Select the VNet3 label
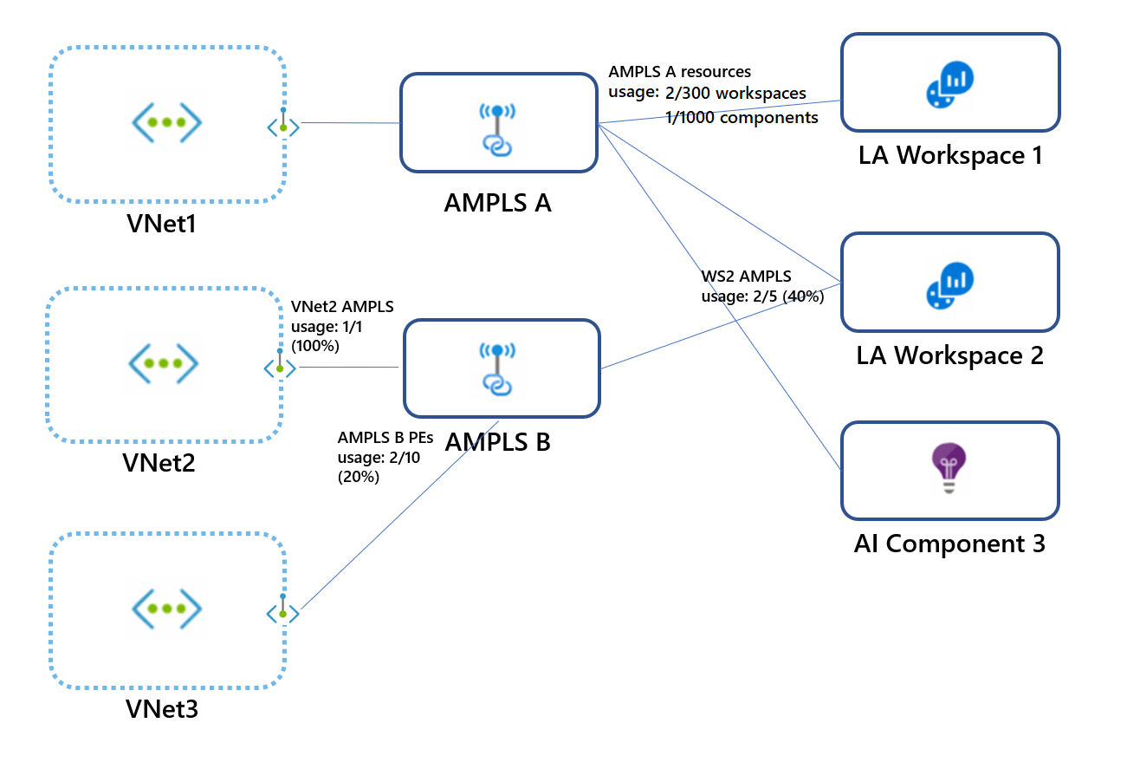point(161,709)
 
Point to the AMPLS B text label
point(497,441)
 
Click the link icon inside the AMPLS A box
point(497,129)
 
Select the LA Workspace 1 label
point(949,155)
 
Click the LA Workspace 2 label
point(949,355)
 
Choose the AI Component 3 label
point(949,544)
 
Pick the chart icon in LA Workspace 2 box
point(949,283)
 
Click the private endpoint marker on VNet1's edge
point(282,126)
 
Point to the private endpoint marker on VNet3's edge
point(282,612)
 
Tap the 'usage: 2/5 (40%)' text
point(761,296)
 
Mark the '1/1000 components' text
point(742,117)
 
